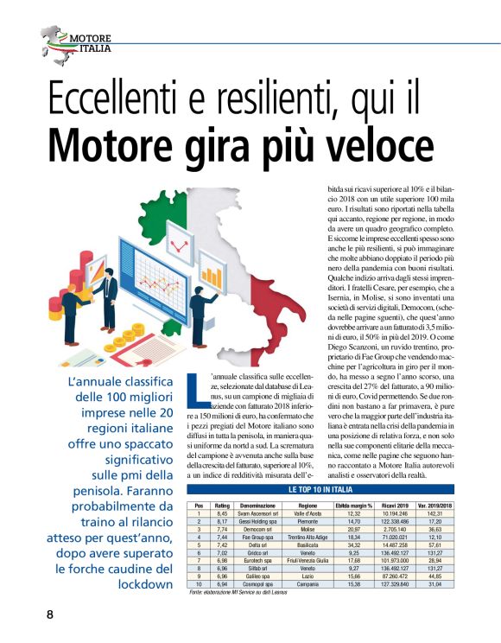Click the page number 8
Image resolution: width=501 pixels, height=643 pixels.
point(50,615)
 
